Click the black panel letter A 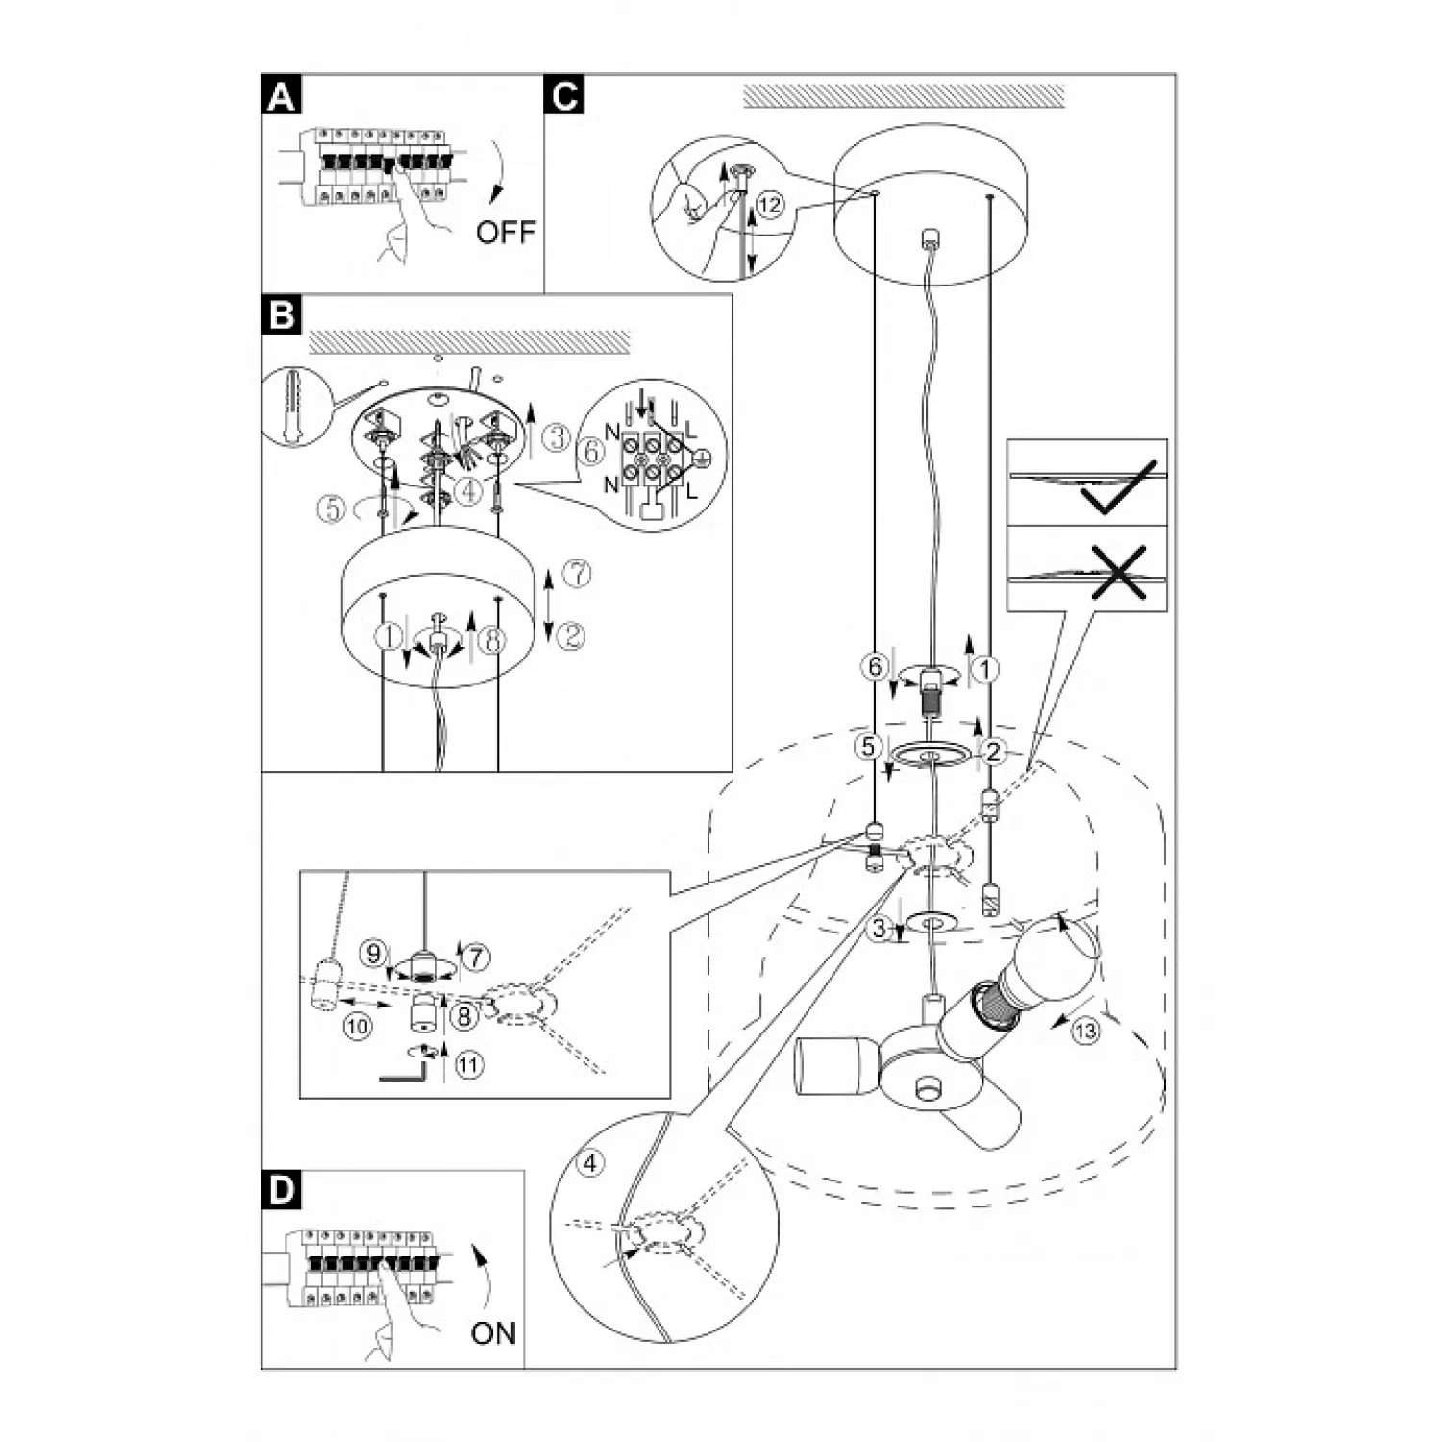[281, 95]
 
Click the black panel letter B [281, 314]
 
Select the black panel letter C [564, 95]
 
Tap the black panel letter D [281, 1190]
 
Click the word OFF [505, 232]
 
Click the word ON [493, 1333]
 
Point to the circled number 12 [768, 204]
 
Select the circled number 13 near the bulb [1085, 1032]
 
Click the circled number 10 [356, 1027]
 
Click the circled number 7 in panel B [575, 575]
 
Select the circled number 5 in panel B [332, 510]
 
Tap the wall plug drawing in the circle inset [293, 409]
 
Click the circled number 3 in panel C [879, 929]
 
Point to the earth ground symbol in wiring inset [701, 459]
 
